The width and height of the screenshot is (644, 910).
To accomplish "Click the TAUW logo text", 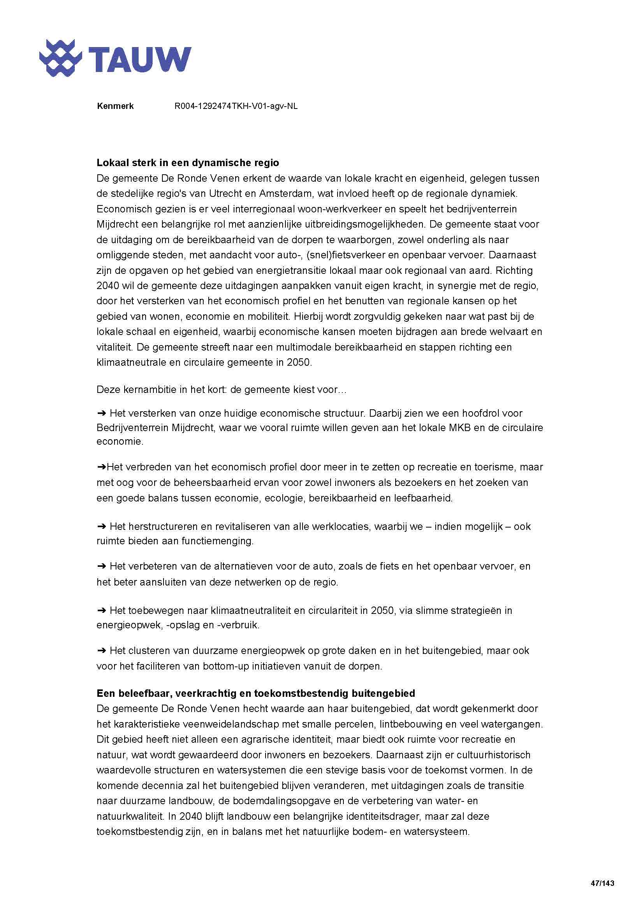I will point(140,60).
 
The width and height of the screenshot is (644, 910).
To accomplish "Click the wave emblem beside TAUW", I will point(61,58).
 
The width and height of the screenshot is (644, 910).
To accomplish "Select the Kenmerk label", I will point(115,106).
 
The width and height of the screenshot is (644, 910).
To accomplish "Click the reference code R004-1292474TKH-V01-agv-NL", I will point(236,106).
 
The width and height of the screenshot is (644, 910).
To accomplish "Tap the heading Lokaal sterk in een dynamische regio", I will point(188,163).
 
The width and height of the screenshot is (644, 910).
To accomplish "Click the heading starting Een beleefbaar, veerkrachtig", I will point(256,693).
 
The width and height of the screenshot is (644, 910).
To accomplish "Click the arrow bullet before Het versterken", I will point(101,414).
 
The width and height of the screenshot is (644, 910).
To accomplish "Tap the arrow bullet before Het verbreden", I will point(101,467).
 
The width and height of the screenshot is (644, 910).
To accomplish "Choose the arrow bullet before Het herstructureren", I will point(101,527).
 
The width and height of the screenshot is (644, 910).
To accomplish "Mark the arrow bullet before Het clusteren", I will point(101,651).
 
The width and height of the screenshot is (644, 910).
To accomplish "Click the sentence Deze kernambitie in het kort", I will point(221,389).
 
